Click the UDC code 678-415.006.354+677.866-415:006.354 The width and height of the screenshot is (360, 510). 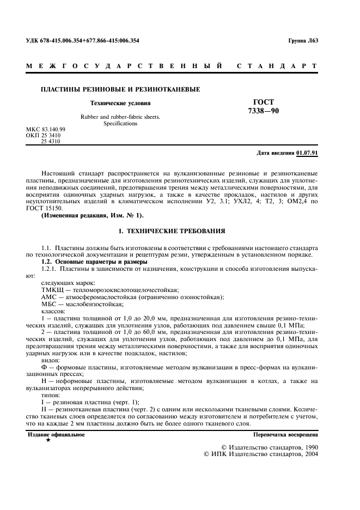tap(82, 40)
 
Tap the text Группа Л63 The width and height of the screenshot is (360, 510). tap(303, 40)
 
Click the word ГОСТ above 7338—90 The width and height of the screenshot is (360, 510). tap(264, 102)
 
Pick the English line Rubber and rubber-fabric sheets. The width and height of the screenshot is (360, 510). tap(120, 117)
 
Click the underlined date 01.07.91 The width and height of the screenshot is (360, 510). tap(307, 153)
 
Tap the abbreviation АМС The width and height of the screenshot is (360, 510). tap(51, 297)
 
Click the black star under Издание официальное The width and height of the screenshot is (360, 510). tap(48, 440)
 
